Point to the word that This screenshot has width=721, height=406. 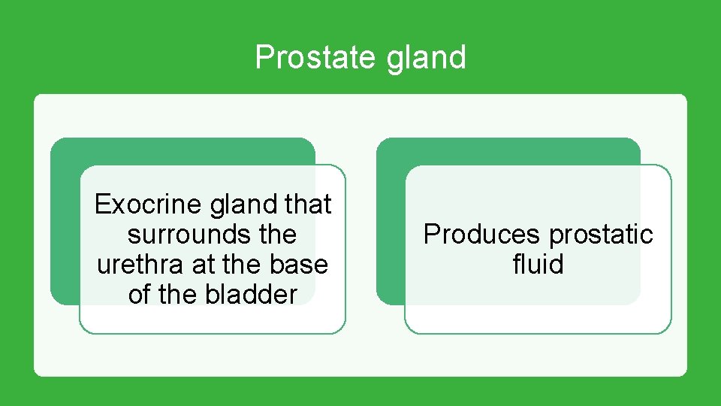[309, 205]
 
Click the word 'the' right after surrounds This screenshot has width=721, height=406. [277, 235]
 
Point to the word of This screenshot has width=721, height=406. [140, 295]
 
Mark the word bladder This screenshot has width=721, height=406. [251, 295]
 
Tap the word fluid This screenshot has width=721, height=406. [538, 265]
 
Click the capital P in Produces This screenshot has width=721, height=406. [431, 235]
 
